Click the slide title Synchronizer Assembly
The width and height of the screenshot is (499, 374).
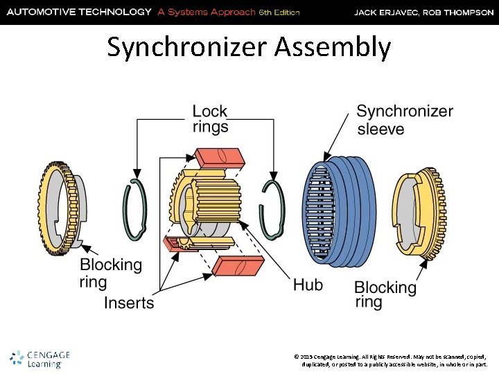coord(249,47)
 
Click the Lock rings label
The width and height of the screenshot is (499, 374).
coord(210,118)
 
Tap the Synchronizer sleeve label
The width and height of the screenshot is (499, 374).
coord(405,120)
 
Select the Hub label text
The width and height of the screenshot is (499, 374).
coord(308,284)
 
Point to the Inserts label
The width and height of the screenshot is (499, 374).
coord(129,303)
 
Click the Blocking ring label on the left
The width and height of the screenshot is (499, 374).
coord(111,273)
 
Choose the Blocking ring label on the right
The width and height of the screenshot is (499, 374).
coord(385,294)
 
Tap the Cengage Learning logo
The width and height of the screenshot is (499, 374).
coord(40,359)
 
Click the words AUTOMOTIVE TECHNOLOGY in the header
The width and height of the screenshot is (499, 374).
coord(79,12)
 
